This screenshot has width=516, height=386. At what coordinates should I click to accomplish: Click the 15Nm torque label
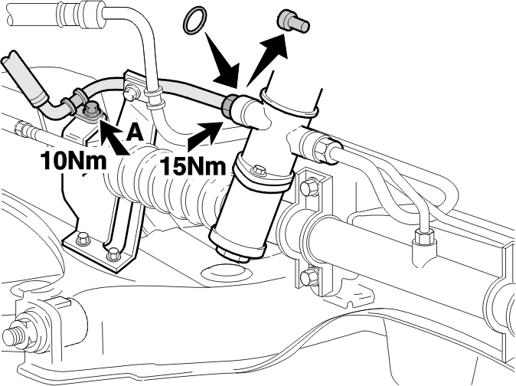click(x=194, y=166)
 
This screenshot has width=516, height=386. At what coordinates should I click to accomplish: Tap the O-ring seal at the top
click(x=195, y=21)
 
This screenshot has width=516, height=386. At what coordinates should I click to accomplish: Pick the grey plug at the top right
click(x=293, y=21)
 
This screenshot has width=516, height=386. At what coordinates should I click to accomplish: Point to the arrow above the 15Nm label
click(x=205, y=136)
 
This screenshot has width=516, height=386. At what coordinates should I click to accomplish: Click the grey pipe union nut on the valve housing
click(x=228, y=105)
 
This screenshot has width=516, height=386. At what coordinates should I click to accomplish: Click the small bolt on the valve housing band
click(x=259, y=171)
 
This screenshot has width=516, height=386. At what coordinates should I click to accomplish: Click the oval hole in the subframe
click(x=224, y=273)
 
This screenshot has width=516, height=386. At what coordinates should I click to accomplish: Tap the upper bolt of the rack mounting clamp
click(x=309, y=188)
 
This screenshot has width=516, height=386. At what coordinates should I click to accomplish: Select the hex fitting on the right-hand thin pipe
click(x=423, y=237)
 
